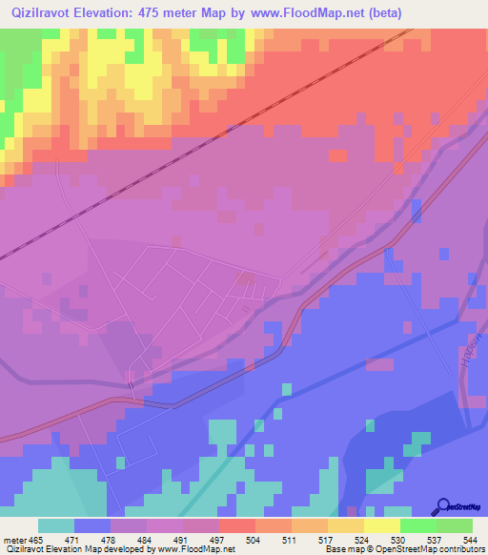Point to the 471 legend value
click(x=92, y=539)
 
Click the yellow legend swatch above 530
click(x=381, y=525)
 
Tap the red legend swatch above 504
click(x=236, y=525)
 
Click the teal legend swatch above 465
click(x=56, y=525)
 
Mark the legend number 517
click(x=309, y=539)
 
